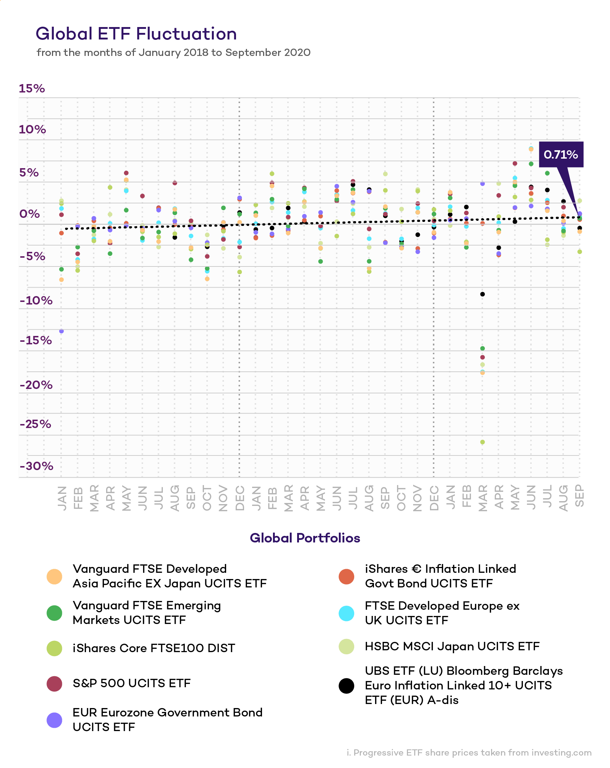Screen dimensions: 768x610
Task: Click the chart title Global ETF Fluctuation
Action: [136, 34]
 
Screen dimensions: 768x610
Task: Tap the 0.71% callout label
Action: [560, 154]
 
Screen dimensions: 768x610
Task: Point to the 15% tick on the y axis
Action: [32, 88]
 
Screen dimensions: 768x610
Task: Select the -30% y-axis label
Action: [37, 466]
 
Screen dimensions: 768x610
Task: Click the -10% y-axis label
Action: [36, 300]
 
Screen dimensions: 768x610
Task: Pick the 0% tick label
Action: [30, 214]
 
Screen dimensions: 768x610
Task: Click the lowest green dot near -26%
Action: [482, 442]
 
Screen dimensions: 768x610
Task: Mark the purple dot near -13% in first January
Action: [61, 331]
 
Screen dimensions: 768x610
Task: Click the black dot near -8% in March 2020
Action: [482, 294]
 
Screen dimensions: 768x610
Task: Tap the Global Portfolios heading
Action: [305, 538]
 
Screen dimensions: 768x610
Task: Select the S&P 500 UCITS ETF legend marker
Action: [54, 684]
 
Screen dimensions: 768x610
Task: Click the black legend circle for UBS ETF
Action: [346, 686]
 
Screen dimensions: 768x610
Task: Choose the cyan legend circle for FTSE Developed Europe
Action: [346, 613]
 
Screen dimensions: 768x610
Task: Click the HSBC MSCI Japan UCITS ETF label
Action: [452, 646]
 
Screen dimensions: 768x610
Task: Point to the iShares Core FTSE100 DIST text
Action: [154, 648]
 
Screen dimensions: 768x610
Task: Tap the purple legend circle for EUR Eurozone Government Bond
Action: [54, 720]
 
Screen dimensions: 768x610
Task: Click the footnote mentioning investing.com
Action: [469, 753]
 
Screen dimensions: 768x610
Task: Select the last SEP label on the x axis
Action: [579, 496]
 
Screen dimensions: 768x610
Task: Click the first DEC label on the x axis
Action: [240, 498]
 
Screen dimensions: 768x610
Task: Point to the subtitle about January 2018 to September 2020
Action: [173, 53]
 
